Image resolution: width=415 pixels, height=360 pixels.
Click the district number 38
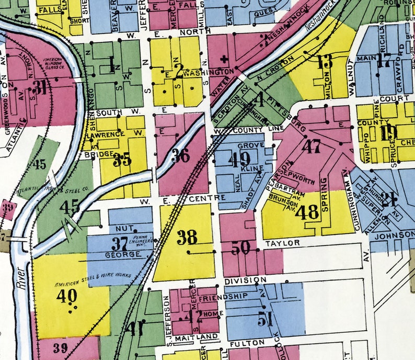[187, 237]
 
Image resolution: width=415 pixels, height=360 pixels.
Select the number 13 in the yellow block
[324, 61]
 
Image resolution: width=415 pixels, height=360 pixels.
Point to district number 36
[181, 155]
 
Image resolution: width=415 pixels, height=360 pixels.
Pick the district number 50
[241, 248]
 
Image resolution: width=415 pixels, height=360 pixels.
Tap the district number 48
[307, 212]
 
